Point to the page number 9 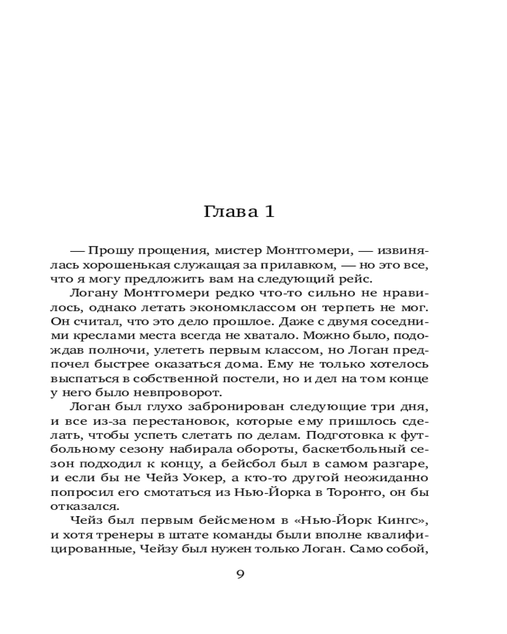(x=240, y=575)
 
